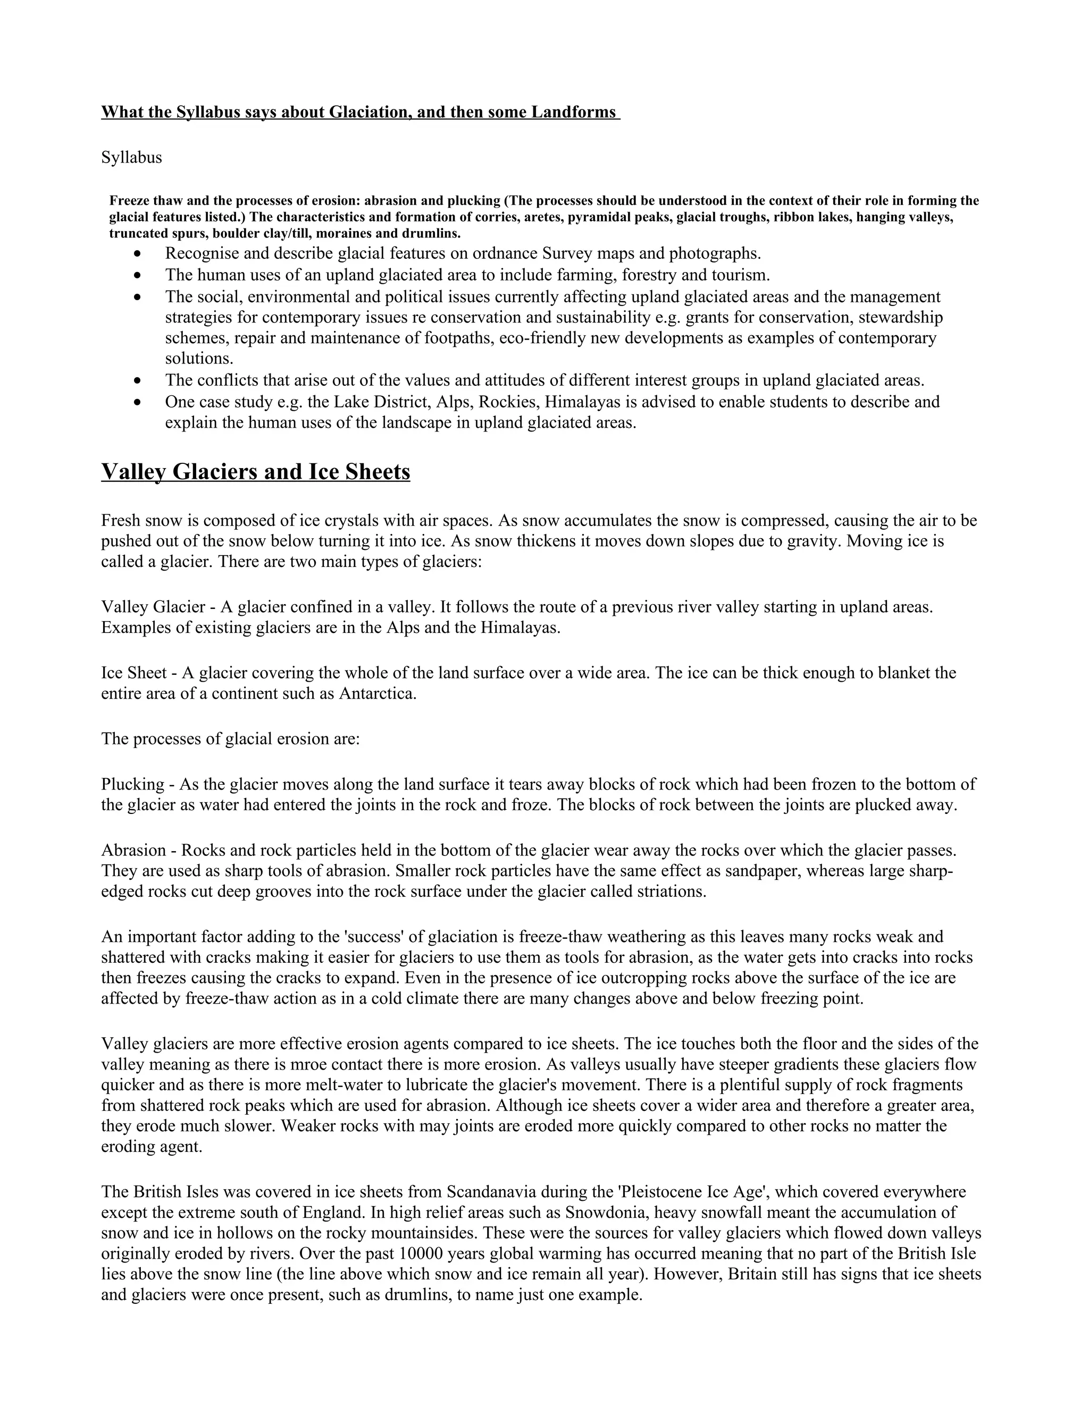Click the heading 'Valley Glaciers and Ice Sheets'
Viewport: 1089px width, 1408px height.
[255, 472]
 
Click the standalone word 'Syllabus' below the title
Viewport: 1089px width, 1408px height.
[132, 157]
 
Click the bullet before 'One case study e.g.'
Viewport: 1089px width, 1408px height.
[138, 402]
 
